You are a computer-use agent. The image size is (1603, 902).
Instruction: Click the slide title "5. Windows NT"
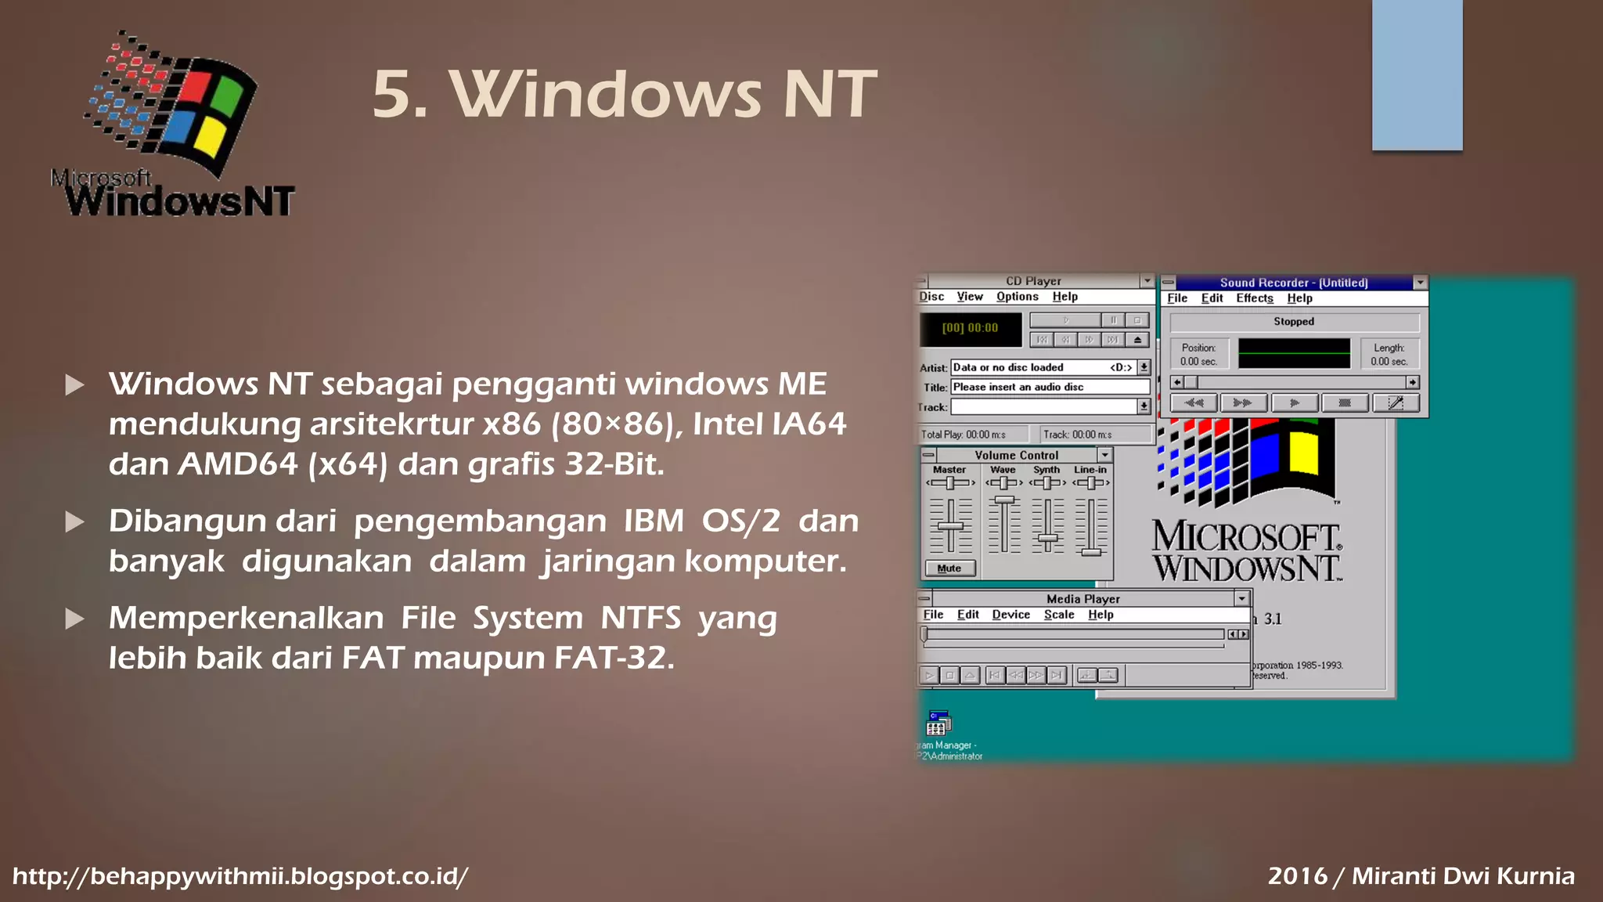(x=624, y=95)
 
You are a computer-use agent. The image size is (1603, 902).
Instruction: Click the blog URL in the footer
(x=240, y=875)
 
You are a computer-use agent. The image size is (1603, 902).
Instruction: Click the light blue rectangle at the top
(x=1417, y=75)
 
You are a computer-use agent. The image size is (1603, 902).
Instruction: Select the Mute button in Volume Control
(x=949, y=568)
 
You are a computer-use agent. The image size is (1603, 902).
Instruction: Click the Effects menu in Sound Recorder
(x=1254, y=298)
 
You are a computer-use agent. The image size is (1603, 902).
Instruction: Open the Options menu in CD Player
(x=1017, y=297)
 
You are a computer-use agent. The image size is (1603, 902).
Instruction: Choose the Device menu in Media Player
(x=1010, y=615)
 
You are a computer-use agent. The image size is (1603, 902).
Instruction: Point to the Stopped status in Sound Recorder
(x=1293, y=322)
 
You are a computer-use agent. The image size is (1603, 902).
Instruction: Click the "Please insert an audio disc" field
(x=1049, y=387)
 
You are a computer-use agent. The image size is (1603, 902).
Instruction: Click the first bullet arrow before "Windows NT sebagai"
(x=75, y=384)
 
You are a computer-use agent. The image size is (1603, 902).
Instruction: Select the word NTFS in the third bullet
(x=640, y=618)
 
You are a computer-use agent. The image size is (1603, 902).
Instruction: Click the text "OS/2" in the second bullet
(x=740, y=521)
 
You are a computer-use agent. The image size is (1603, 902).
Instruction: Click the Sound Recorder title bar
(x=1293, y=283)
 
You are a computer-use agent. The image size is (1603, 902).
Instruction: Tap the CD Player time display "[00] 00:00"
(x=970, y=328)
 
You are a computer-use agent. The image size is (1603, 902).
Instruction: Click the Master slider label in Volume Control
(x=949, y=470)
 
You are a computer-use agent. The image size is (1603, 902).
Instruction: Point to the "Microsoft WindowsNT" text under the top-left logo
(x=174, y=194)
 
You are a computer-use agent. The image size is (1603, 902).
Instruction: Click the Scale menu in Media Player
(x=1058, y=615)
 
